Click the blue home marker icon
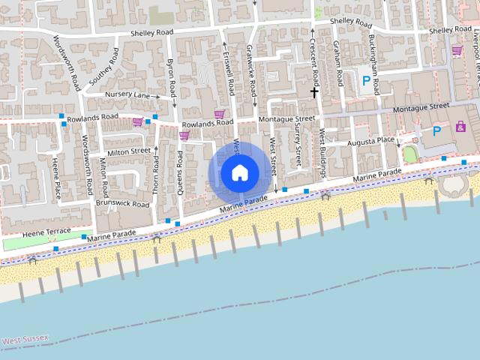tap(239, 173)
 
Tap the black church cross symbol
tap(314, 91)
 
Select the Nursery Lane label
tap(127, 95)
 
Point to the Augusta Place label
tap(370, 141)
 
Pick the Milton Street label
tap(129, 152)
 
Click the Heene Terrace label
tap(46, 230)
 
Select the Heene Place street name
tap(56, 177)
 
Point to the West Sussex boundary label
tap(25, 340)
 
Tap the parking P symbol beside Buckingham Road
tap(366, 81)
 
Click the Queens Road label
tap(181, 172)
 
